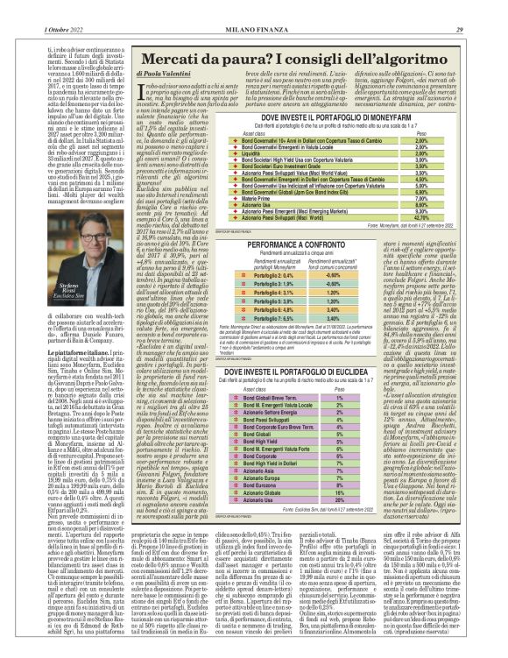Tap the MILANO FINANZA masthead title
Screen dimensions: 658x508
pyautogui.click(x=253, y=8)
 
